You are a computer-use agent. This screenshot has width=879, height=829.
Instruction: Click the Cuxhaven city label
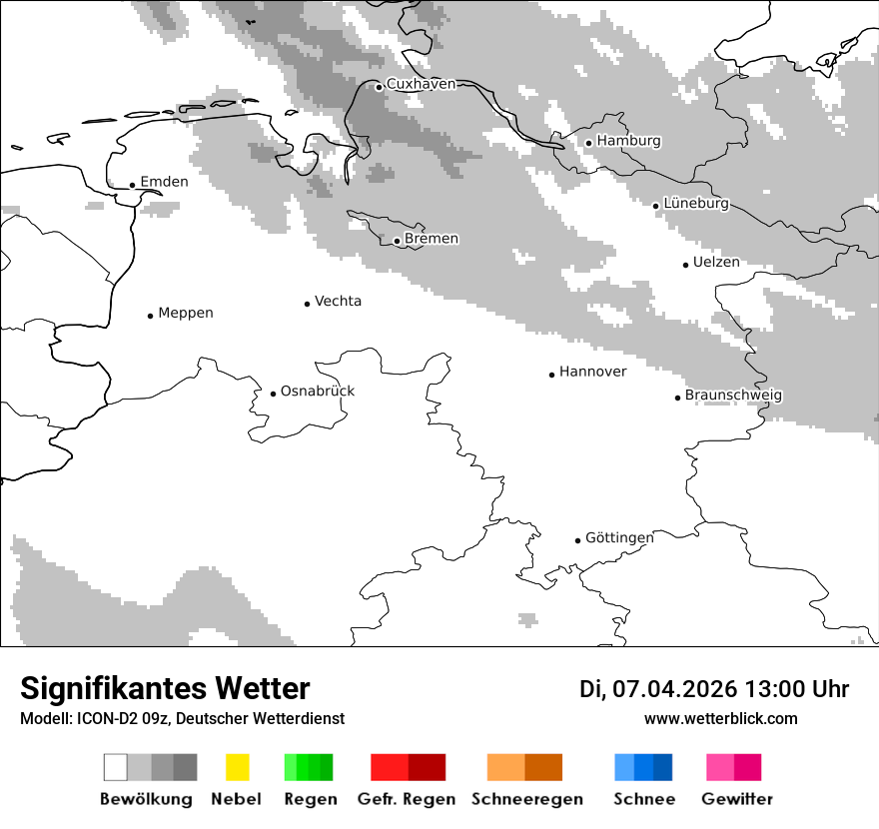[421, 84]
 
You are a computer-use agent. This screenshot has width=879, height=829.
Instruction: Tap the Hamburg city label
[628, 141]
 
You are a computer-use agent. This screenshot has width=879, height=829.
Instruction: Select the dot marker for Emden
[133, 185]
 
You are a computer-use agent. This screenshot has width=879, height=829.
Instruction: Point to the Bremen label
[432, 239]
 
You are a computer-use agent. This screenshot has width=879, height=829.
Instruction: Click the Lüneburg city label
[696, 204]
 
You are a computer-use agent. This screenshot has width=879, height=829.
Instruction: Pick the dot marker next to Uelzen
[685, 265]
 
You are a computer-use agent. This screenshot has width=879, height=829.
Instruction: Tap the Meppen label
[186, 313]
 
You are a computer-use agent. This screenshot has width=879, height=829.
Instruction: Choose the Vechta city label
[338, 301]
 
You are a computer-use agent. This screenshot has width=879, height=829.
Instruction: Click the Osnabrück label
[318, 391]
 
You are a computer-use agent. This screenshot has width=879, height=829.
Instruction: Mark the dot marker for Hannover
[551, 375]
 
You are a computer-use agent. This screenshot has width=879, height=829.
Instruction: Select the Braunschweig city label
[733, 396]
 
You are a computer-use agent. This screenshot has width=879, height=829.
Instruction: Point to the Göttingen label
[619, 537]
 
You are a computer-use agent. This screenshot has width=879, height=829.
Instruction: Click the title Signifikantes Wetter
[165, 689]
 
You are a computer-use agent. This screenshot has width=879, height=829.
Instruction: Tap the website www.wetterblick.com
[720, 718]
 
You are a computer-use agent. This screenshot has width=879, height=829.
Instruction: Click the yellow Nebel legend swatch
[237, 767]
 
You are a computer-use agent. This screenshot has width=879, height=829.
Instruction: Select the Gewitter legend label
[737, 799]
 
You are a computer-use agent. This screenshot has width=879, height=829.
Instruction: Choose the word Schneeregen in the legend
[527, 799]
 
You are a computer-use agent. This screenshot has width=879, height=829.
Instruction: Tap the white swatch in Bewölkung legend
[116, 767]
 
